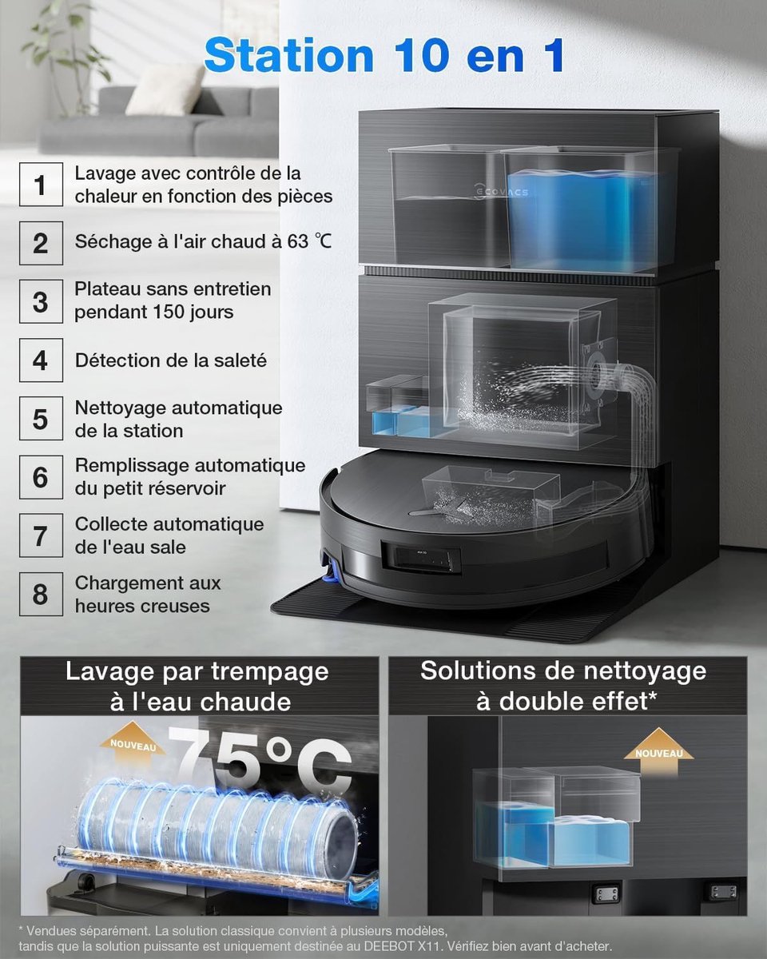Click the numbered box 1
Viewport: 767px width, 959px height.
click(41, 185)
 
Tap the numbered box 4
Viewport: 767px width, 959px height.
click(41, 360)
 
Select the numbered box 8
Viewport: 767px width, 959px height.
click(41, 594)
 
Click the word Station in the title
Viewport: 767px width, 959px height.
click(288, 55)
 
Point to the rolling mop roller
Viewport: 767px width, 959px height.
click(217, 827)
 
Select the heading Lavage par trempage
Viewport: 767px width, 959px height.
click(197, 671)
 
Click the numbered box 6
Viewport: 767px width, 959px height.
click(41, 477)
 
